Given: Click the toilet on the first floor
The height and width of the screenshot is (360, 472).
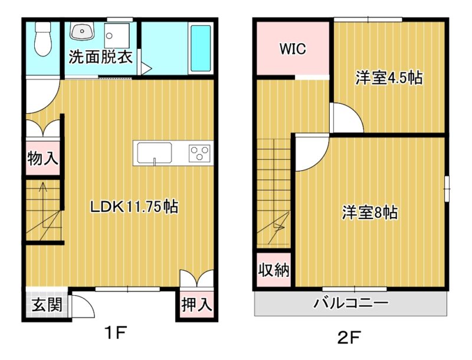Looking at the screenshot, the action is coord(43,38).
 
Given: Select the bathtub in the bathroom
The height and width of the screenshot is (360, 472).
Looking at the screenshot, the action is coord(201,48).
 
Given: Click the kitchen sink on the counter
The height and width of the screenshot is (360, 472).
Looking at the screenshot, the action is coord(155,153).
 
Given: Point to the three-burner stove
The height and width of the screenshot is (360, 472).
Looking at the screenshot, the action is coord(199,153).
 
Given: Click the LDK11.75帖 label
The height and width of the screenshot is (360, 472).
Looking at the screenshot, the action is coord(135,207).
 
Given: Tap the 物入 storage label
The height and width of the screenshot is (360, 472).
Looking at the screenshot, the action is coord(42,158).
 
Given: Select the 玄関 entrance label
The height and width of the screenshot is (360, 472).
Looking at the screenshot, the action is coord(47,305).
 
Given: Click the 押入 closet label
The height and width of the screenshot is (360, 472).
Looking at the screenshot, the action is coord(197,305).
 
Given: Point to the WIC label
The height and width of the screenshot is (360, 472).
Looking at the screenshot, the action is coord(293,49).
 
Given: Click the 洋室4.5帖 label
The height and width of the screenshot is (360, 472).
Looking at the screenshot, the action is coord(389,78).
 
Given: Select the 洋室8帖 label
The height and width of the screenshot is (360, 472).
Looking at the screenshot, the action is coord(370,212).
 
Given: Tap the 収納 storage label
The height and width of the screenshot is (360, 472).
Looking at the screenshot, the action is coord(274,270).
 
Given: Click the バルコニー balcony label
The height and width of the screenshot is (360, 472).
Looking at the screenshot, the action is coord(350,303).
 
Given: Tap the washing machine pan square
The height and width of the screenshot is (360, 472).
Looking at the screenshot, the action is coord(117,35).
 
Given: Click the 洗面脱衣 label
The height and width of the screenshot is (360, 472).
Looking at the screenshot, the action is coord(100,57).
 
